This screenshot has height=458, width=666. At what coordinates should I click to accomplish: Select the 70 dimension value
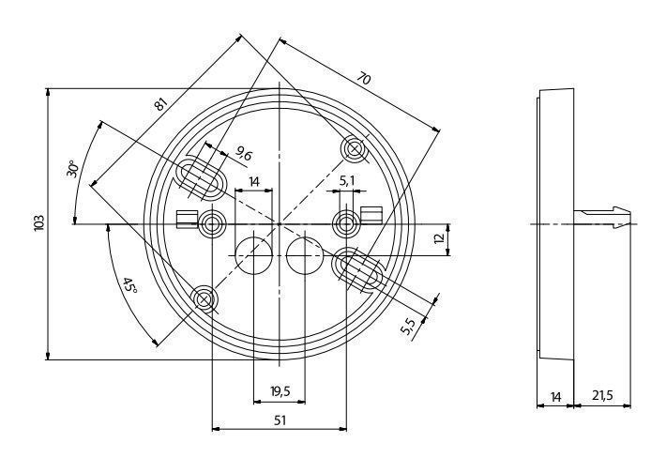pos(364,79)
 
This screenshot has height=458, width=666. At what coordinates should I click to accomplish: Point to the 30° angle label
pos(72,169)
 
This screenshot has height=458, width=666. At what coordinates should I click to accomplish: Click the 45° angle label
pos(130,285)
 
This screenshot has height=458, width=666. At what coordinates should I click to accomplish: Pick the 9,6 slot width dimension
pos(244,153)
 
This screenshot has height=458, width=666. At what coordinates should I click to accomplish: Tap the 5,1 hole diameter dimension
pos(346,181)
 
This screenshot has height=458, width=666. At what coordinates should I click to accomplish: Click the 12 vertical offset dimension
pos(440,238)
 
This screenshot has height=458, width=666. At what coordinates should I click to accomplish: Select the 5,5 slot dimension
pos(408,327)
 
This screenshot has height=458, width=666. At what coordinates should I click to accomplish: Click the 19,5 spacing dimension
pos(280,390)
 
